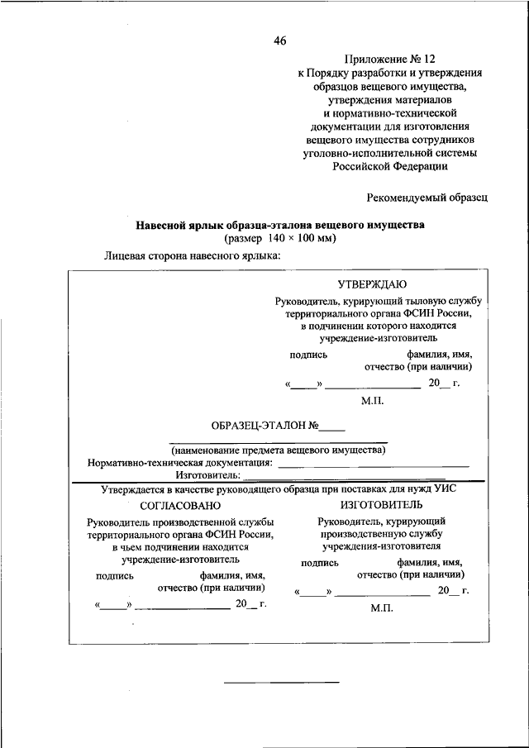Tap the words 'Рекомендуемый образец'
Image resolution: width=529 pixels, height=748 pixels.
(427, 197)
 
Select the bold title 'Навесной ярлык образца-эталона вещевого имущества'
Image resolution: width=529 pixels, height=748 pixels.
(279, 225)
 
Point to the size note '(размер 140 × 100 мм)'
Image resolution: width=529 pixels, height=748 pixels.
(279, 238)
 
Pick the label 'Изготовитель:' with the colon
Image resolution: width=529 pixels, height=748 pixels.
(207, 475)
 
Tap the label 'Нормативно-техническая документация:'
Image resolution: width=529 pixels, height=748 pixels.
(180, 463)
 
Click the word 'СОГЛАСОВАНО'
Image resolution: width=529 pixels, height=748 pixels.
(179, 505)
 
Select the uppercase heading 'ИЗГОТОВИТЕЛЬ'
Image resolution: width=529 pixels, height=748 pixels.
(381, 504)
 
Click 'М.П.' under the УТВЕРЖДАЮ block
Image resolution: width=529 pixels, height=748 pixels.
(373, 402)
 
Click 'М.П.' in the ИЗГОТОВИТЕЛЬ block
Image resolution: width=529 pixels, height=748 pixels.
(381, 607)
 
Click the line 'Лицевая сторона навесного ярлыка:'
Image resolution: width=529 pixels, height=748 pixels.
(193, 255)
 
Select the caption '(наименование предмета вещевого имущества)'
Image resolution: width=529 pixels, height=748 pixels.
(279, 450)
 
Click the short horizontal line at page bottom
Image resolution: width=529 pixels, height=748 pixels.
(282, 682)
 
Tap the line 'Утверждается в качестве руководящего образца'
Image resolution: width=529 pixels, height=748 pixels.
(278, 489)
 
